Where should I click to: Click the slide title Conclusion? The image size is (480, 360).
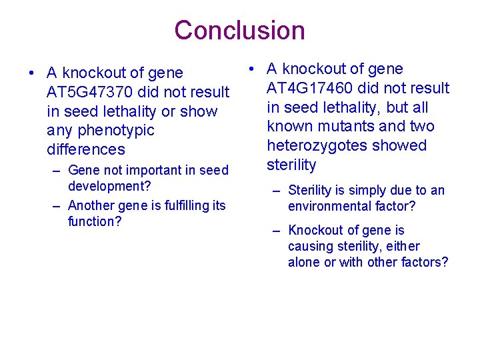[239, 31]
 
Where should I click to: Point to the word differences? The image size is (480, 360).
[86, 149]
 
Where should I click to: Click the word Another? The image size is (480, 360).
[91, 205]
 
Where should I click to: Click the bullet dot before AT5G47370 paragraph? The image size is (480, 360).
[32, 73]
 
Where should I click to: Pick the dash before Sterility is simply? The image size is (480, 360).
[276, 191]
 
